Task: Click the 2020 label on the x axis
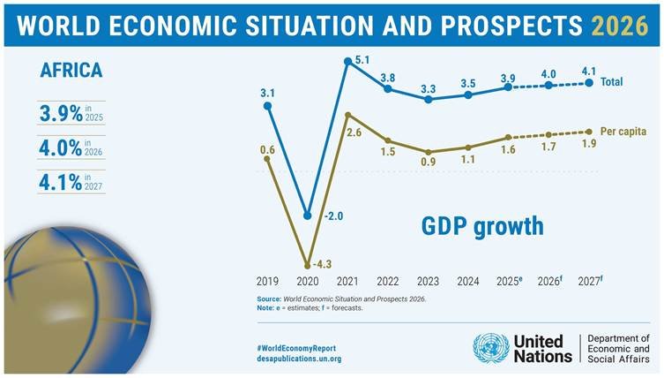(x=308, y=282)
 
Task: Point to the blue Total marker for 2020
(x=308, y=215)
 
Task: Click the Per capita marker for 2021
(x=347, y=115)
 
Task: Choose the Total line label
(x=611, y=82)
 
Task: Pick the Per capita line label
(x=623, y=132)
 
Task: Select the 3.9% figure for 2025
(x=60, y=114)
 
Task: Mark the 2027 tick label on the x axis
(x=587, y=282)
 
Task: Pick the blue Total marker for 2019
(x=268, y=106)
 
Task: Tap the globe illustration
(x=62, y=283)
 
